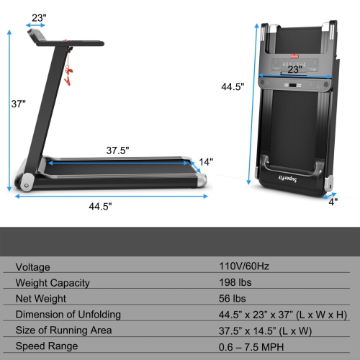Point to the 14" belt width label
pyautogui.click(x=207, y=162)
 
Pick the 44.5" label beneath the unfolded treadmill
pyautogui.click(x=102, y=205)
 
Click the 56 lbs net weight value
pyautogui.click(x=233, y=297)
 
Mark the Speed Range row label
pyautogui.click(x=47, y=347)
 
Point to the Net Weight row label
pyautogui.click(x=41, y=297)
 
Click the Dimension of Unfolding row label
pyautogui.click(x=68, y=314)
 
